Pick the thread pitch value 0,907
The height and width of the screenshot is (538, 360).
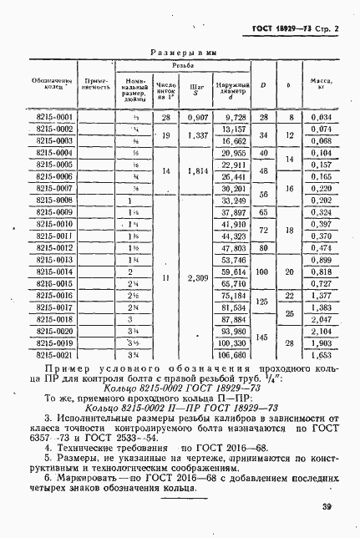point(197,118)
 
